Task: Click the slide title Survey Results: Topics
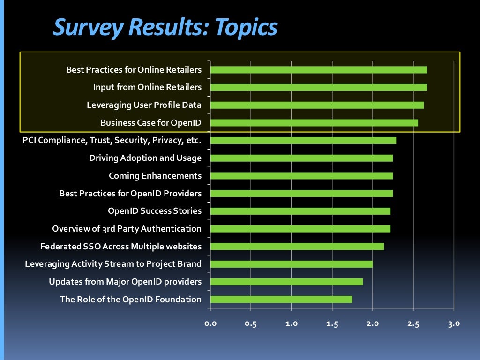(x=165, y=27)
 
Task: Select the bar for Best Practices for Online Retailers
(x=318, y=70)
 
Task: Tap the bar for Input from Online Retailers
(x=318, y=87)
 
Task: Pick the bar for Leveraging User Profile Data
(x=317, y=105)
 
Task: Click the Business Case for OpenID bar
(x=314, y=123)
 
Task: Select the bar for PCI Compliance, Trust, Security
(x=303, y=140)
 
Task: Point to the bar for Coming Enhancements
(x=301, y=176)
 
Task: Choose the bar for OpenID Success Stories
(x=300, y=211)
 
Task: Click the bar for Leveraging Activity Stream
(x=291, y=264)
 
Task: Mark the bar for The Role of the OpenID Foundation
(x=281, y=300)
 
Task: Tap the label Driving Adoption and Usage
(x=145, y=158)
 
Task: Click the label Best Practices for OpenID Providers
(x=130, y=194)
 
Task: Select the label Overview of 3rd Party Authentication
(x=127, y=229)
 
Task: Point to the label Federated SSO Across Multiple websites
(x=121, y=247)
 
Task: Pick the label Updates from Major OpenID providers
(x=125, y=282)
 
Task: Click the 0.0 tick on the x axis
(x=210, y=323)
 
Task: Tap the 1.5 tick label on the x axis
(x=332, y=323)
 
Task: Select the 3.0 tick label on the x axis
(x=454, y=323)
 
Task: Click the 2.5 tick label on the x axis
(x=413, y=323)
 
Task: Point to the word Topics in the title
(x=246, y=27)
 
